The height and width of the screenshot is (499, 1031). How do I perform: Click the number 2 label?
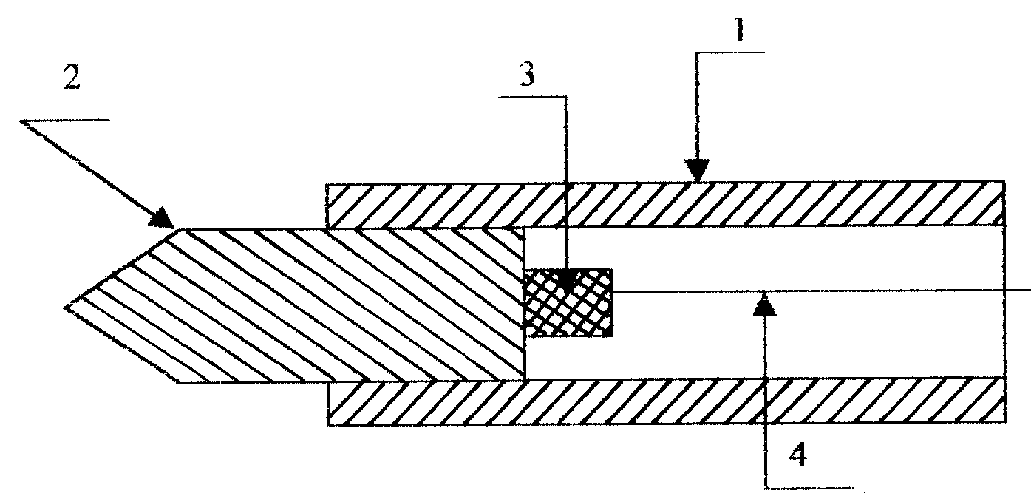click(72, 78)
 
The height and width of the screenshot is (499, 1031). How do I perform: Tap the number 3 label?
click(528, 74)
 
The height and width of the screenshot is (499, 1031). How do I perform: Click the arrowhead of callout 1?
click(697, 170)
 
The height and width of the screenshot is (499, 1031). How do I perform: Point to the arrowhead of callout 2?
click(162, 218)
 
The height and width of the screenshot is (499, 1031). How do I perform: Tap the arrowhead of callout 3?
click(566, 281)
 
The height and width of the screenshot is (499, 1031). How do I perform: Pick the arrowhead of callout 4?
click(764, 305)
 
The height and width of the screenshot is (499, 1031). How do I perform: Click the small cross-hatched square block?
click(569, 302)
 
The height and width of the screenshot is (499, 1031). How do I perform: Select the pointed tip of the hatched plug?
click(65, 307)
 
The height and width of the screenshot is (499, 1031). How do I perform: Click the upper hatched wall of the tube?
click(665, 205)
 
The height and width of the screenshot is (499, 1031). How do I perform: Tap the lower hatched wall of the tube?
click(666, 401)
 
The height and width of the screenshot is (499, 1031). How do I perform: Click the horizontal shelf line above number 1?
click(730, 53)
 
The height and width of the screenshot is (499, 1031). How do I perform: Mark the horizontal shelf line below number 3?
click(534, 97)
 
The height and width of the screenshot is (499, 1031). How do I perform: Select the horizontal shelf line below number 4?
click(809, 487)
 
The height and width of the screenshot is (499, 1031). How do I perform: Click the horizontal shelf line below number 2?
click(65, 120)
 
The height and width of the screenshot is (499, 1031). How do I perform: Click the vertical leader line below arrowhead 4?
click(765, 401)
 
